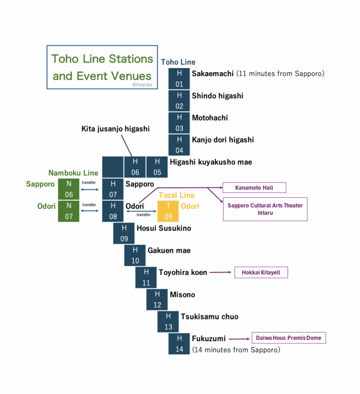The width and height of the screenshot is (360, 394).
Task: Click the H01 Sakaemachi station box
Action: [180, 78]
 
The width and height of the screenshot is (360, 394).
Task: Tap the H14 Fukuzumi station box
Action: [180, 344]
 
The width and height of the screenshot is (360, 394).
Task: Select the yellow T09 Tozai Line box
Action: [168, 211]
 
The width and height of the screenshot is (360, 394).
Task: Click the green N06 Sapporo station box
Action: [69, 189]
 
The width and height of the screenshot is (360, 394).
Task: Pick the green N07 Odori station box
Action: [69, 211]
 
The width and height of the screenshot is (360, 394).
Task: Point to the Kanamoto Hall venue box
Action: [254, 187]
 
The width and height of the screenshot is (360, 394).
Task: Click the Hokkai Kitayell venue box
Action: [261, 272]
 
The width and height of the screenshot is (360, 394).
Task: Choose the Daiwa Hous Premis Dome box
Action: [288, 338]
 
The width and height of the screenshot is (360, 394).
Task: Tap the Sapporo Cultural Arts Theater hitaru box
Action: [265, 209]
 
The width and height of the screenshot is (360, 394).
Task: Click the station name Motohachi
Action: [210, 118]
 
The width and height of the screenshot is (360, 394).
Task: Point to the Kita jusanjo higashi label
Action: [116, 129]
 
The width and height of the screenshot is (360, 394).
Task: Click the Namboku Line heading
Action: [73, 173]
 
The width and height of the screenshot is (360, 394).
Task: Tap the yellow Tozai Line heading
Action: [176, 195]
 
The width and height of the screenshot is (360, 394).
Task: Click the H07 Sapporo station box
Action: [113, 189]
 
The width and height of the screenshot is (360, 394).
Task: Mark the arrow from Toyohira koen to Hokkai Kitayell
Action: [220, 272]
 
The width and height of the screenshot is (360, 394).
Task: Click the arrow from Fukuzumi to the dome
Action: [239, 338]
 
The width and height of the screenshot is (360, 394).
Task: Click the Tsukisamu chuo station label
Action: [209, 317]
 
